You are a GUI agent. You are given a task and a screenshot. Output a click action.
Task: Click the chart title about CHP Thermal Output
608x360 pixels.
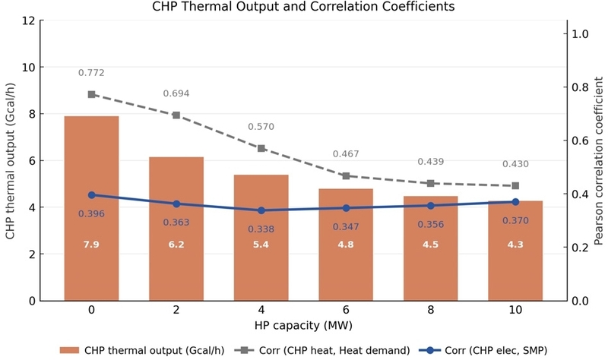pyautogui.click(x=304, y=7)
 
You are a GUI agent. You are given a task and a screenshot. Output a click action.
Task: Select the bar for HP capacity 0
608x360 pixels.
pyautogui.click(x=91, y=208)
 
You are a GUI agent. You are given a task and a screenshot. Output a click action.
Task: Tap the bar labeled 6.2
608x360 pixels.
pyautogui.click(x=176, y=228)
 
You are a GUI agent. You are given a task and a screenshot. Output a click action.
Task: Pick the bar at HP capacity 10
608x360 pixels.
pyautogui.click(x=515, y=251)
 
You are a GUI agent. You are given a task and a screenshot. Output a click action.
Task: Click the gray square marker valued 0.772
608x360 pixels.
pyautogui.click(x=91, y=94)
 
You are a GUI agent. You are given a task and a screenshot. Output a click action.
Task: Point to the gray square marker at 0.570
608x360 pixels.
pyautogui.click(x=261, y=148)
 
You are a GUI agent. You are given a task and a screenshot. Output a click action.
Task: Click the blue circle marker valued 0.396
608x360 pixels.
pyautogui.click(x=91, y=195)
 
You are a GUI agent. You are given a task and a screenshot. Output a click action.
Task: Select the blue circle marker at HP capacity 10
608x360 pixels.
pyautogui.click(x=515, y=202)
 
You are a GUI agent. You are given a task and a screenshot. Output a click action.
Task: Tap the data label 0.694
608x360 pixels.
pyautogui.click(x=176, y=93)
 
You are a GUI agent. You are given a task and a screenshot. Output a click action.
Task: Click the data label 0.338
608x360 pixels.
pyautogui.click(x=261, y=229)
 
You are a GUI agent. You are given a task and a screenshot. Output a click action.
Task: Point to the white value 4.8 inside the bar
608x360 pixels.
pyautogui.click(x=346, y=245)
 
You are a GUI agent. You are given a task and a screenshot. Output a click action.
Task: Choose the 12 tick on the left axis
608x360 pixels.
pyautogui.click(x=28, y=21)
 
